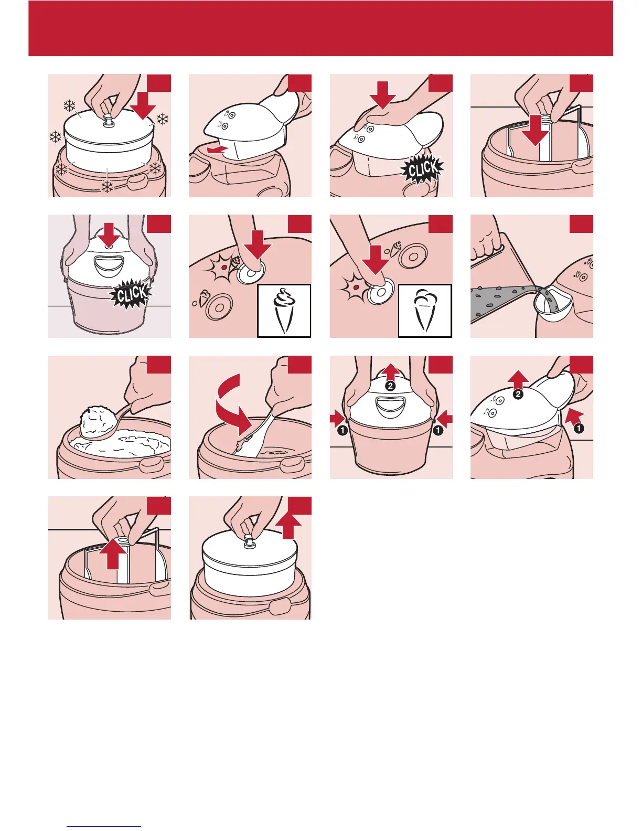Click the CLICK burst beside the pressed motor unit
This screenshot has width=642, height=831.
(422, 169)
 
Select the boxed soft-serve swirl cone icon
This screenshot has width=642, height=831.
(284, 311)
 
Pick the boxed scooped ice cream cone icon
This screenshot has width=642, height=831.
(425, 311)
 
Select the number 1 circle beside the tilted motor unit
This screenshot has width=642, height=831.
(579, 429)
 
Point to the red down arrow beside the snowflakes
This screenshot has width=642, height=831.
(143, 103)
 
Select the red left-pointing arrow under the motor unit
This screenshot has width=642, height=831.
(216, 151)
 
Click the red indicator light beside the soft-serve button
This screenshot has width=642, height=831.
(224, 267)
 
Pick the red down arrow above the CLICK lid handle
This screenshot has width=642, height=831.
(109, 234)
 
